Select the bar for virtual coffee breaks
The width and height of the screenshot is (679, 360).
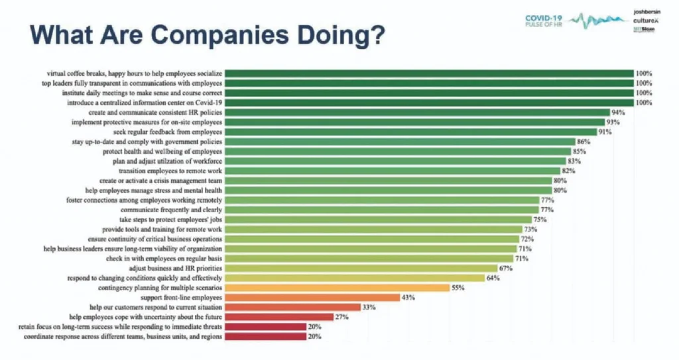pos(428,73)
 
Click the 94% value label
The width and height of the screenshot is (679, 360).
pos(619,113)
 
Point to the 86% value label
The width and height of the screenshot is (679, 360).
pos(584,142)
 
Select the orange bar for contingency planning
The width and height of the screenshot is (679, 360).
pos(338,288)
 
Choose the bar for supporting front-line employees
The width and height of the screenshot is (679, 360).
pos(312,298)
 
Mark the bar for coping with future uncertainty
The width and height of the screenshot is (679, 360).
pos(278,318)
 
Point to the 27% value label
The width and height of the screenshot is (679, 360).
pos(342,318)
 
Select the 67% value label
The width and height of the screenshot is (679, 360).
pos(507,269)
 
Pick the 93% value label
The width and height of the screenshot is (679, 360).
pos(614,123)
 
